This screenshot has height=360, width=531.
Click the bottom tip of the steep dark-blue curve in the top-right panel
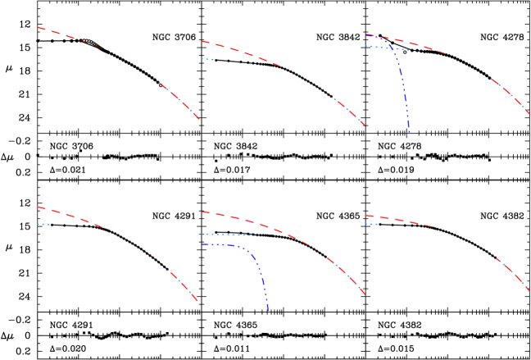pyautogui.click(x=409, y=131)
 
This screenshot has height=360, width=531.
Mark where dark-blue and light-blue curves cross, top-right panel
pyautogui.click(x=398, y=49)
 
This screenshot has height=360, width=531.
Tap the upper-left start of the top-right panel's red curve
pyautogui.click(x=366, y=35)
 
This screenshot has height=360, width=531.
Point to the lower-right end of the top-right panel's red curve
pyautogui.click(x=529, y=113)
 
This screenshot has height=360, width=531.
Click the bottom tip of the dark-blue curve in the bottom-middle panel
pyautogui.click(x=268, y=310)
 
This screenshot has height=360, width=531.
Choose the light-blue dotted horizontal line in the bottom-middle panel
pyautogui.click(x=228, y=235)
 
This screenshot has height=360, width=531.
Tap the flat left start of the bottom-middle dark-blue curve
pyautogui.click(x=202, y=244)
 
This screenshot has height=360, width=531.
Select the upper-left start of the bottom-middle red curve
pyautogui.click(x=202, y=212)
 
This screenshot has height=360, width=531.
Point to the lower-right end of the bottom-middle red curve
pyautogui.click(x=364, y=294)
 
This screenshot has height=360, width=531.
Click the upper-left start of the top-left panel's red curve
pyautogui.click(x=37, y=28)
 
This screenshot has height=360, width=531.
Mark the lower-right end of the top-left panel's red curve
pyautogui.click(x=198, y=120)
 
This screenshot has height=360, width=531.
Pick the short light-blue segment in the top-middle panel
pyautogui.click(x=206, y=59)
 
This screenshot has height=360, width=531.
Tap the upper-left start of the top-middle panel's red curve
pyautogui.click(x=201, y=41)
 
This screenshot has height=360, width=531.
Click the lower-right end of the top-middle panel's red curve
pyautogui.click(x=364, y=126)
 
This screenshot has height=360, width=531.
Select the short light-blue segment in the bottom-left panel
pyautogui.click(x=43, y=224)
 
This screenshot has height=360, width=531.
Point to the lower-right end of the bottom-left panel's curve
pyautogui.click(x=198, y=304)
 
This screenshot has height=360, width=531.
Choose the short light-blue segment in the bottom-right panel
pyautogui.click(x=371, y=224)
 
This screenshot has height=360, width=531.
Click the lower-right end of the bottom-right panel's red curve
pyautogui.click(x=529, y=290)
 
